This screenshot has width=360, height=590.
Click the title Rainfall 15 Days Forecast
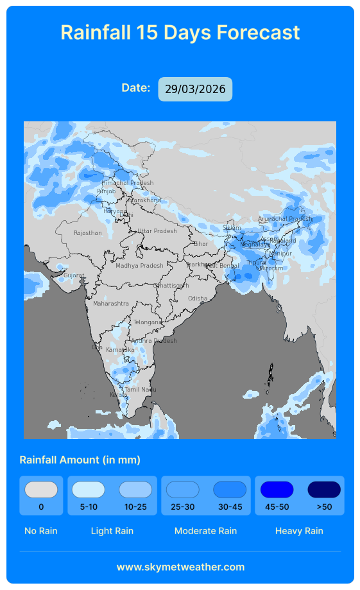click(180, 32)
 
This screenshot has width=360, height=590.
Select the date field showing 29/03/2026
click(195, 89)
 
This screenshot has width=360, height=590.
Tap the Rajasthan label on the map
click(87, 233)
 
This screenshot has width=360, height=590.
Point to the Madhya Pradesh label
click(139, 266)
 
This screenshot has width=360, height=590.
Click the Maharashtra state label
click(110, 304)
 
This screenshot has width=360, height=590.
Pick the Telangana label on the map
click(147, 322)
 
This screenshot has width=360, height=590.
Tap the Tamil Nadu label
click(140, 390)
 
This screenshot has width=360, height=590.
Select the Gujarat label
click(73, 275)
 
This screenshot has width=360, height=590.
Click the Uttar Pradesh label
click(157, 231)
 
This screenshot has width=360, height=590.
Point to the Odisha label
click(198, 299)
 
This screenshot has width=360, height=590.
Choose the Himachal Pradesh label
click(127, 183)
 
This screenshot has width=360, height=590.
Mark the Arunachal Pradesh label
click(285, 219)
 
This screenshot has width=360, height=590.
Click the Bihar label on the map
click(201, 244)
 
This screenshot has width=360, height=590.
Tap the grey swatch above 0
click(41, 490)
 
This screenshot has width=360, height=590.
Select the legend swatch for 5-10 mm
click(89, 490)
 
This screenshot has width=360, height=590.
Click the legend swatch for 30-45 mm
click(230, 490)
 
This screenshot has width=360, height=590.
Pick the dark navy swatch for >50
click(324, 490)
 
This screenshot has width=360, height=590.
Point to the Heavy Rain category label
click(299, 531)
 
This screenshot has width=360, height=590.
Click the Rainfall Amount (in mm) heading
click(80, 460)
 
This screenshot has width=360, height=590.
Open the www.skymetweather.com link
click(180, 567)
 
